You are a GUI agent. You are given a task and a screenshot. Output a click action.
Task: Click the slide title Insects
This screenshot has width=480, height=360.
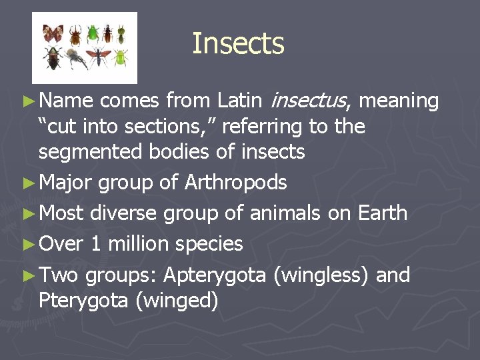pyautogui.click(x=238, y=44)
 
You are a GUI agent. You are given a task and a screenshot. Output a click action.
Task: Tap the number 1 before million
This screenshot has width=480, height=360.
pyautogui.click(x=96, y=244)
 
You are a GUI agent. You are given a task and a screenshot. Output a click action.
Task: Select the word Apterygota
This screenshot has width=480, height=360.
pyautogui.click(x=214, y=275)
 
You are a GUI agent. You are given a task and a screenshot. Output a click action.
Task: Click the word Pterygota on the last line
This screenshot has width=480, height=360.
pyautogui.click(x=84, y=301)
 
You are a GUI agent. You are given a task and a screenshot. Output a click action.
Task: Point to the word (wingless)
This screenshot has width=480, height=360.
pyautogui.click(x=320, y=275)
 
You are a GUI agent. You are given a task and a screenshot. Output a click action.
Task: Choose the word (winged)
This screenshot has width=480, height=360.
pyautogui.click(x=177, y=301)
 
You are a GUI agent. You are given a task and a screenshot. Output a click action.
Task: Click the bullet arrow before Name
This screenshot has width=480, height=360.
pyautogui.click(x=27, y=101)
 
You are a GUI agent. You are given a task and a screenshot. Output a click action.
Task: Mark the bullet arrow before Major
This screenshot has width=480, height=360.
pyautogui.click(x=27, y=183)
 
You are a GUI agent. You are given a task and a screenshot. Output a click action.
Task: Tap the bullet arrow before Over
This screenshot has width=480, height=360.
pyautogui.click(x=27, y=245)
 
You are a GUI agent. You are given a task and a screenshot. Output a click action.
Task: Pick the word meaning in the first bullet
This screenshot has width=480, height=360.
pyautogui.click(x=399, y=101)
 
